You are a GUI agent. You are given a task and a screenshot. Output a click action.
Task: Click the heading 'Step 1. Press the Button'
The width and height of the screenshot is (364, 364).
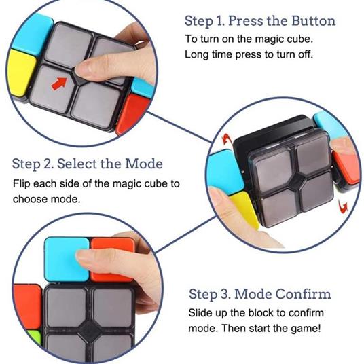click(x=260, y=20)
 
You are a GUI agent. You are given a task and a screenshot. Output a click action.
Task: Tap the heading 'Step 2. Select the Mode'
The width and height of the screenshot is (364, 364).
click(x=88, y=164)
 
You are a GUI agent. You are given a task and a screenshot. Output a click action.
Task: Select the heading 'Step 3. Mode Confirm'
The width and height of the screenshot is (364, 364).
click(x=259, y=294)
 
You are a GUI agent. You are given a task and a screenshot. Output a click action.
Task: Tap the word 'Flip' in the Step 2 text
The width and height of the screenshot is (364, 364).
click(x=22, y=184)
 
